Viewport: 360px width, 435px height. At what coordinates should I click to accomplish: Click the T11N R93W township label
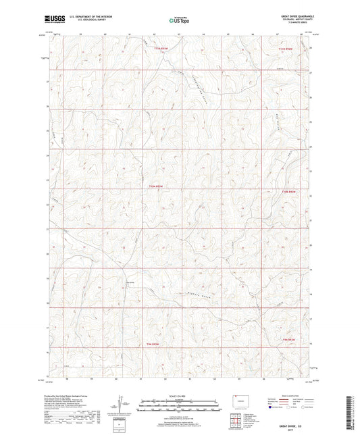click(159, 49)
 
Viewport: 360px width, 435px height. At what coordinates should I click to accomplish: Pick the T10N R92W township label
click(288, 192)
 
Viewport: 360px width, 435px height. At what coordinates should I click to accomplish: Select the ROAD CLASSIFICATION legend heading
click(302, 395)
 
